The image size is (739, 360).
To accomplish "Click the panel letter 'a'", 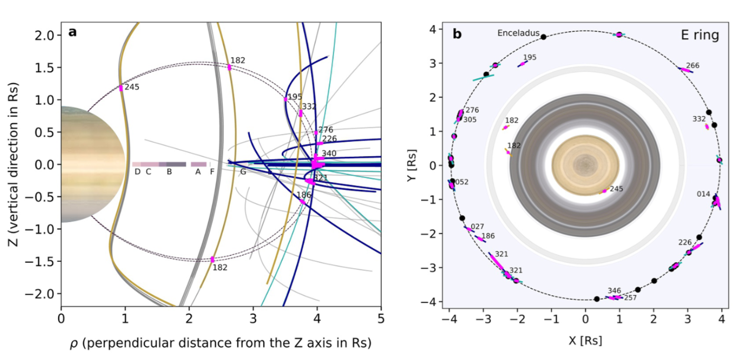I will pyautogui.click(x=72, y=33).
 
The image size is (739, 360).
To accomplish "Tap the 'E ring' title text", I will pyautogui.click(x=700, y=35).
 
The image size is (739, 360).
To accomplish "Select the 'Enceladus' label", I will pyautogui.click(x=518, y=33).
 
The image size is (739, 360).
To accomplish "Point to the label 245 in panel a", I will pyautogui.click(x=132, y=87).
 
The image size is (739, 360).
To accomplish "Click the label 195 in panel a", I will pyautogui.click(x=296, y=96).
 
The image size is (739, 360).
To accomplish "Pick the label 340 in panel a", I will pyautogui.click(x=329, y=153).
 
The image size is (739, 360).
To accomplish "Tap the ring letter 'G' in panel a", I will pyautogui.click(x=243, y=172).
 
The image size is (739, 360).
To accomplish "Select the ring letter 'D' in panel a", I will pyautogui.click(x=137, y=172).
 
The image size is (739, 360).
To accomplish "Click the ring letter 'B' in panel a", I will pyautogui.click(x=169, y=172).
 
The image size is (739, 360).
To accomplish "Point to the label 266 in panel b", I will pyautogui.click(x=693, y=65).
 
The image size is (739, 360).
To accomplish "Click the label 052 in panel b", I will pyautogui.click(x=462, y=182).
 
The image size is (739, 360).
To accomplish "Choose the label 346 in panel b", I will pyautogui.click(x=614, y=290).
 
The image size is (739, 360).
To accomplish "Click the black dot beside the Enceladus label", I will pyautogui.click(x=544, y=37).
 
